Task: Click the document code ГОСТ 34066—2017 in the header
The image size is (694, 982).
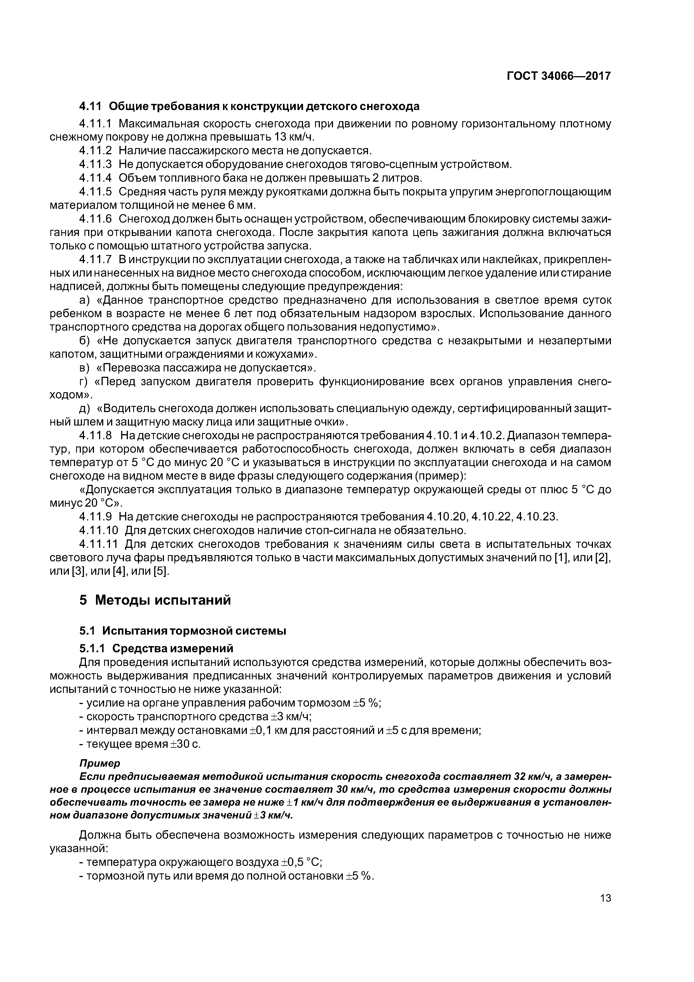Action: [x=559, y=76]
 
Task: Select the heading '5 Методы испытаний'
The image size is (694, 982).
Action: [x=155, y=600]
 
